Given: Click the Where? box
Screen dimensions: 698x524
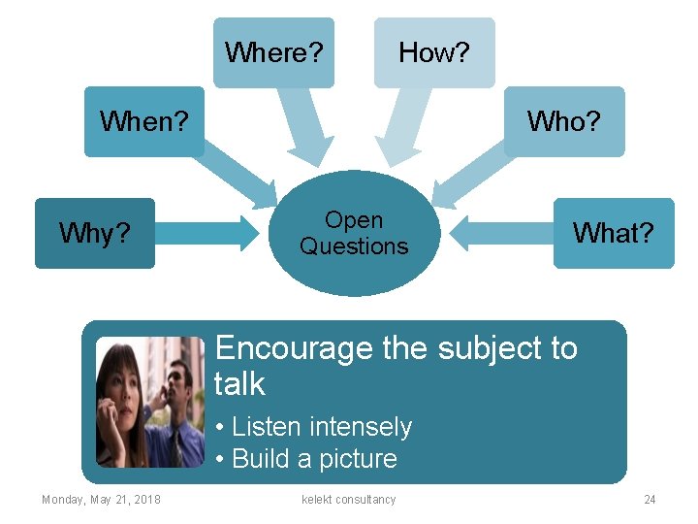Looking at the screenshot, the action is (x=273, y=52).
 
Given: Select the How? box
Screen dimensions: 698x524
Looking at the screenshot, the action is (x=434, y=52).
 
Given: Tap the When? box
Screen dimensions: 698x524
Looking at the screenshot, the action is (x=144, y=121).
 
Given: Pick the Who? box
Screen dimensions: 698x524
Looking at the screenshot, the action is (x=564, y=121).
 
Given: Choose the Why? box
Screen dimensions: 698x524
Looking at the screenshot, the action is (x=95, y=233).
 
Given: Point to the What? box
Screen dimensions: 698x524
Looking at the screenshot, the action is (x=613, y=233).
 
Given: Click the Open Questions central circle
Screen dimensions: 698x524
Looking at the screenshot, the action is (x=354, y=233).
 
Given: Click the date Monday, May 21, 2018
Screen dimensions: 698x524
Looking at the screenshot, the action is (x=101, y=500).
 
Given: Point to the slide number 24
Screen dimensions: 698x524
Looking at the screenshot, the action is (x=650, y=500).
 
